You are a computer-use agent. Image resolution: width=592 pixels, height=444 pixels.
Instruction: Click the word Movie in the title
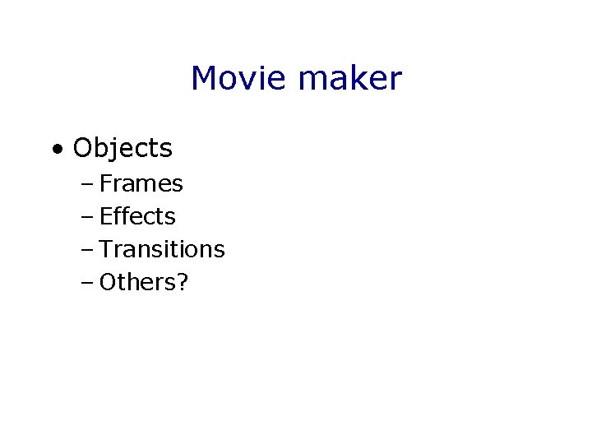point(239,79)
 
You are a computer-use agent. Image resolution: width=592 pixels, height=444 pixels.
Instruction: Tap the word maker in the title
point(350,79)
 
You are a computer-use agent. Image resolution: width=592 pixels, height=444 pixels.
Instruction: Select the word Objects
point(123,149)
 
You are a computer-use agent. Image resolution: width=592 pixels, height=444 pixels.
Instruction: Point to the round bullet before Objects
point(56,150)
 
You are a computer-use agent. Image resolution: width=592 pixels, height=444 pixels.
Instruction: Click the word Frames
point(141,183)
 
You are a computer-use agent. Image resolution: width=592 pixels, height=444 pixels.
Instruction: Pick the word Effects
point(137,216)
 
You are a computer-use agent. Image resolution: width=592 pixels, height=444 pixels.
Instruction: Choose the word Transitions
point(162,249)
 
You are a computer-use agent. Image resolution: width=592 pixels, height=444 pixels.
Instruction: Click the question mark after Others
point(183,282)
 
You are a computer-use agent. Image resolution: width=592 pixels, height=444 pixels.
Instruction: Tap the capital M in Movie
point(204,79)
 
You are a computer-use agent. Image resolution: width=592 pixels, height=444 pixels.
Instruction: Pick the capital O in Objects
point(83,149)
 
